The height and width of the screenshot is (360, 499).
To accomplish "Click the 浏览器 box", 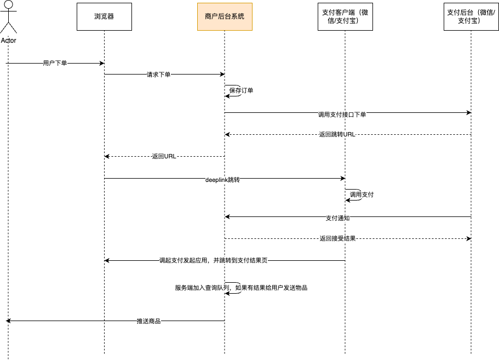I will coord(104,16).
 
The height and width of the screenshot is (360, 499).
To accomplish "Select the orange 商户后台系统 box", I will coord(225,16).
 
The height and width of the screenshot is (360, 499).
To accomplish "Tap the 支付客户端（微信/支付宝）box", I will coord(345,16).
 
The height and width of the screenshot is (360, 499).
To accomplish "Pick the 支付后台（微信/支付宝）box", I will coord(471,16).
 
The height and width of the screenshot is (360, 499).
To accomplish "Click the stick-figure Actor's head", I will coord(8,6).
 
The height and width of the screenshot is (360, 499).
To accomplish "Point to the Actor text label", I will coord(8,41).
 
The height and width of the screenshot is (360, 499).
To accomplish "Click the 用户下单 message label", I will coord(55,64).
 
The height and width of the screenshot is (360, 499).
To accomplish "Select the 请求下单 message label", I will coord(158,75).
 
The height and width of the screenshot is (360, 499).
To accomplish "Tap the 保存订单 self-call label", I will coord(241,91).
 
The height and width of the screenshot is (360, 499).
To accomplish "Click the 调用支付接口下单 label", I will coord(342,115).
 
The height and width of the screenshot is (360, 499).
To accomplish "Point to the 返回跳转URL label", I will coord(336,135).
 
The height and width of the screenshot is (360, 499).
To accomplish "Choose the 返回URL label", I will coord(164,157).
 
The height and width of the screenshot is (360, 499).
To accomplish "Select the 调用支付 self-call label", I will coord(362,195).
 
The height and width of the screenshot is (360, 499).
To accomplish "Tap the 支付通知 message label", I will coord(337,218).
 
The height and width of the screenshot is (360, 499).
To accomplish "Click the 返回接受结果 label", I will coord(337,239).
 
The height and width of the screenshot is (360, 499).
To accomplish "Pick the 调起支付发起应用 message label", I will coord(214,261).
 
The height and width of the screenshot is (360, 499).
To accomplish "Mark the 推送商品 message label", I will coord(148,321).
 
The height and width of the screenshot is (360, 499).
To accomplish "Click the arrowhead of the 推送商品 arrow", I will coord(8,321).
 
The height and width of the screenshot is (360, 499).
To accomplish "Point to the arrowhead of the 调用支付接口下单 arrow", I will coord(469,113).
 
